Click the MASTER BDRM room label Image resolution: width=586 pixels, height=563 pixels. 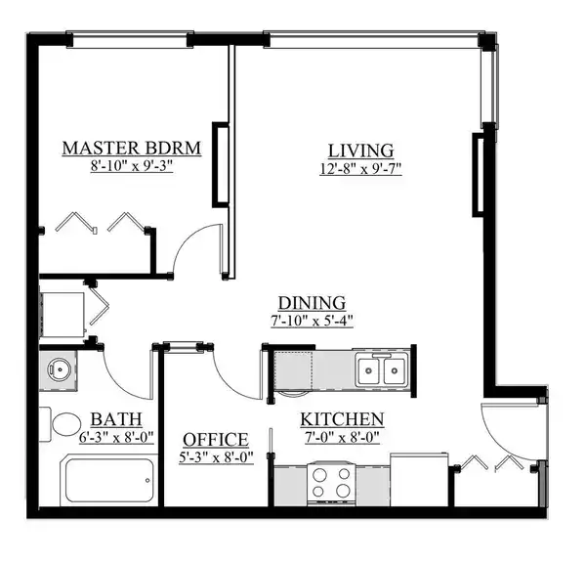click(132, 149)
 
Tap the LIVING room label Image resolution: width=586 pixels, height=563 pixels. click(361, 151)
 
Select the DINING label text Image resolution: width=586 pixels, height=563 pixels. click(313, 303)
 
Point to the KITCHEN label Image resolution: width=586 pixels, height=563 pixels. click(343, 419)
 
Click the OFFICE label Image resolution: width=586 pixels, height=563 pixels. click(216, 440)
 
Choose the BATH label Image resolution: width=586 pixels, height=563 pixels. click(116, 419)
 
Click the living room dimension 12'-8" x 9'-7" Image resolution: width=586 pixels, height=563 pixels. click(360, 169)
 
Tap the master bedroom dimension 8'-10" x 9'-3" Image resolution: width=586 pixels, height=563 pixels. click(132, 166)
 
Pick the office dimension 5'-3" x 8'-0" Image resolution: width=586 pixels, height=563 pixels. click(217, 457)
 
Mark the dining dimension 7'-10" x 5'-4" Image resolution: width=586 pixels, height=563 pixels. click(313, 321)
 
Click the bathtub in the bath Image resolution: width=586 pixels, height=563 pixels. click(109, 480)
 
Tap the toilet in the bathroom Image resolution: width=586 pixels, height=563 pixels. click(61, 424)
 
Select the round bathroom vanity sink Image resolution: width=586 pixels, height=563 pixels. click(60, 369)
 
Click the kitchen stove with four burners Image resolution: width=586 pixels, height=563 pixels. click(331, 483)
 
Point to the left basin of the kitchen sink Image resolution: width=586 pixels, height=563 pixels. click(369, 370)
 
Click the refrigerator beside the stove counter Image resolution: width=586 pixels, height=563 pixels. click(419, 480)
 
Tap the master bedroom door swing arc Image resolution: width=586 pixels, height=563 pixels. click(187, 237)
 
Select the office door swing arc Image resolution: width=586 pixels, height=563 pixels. click(229, 378)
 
